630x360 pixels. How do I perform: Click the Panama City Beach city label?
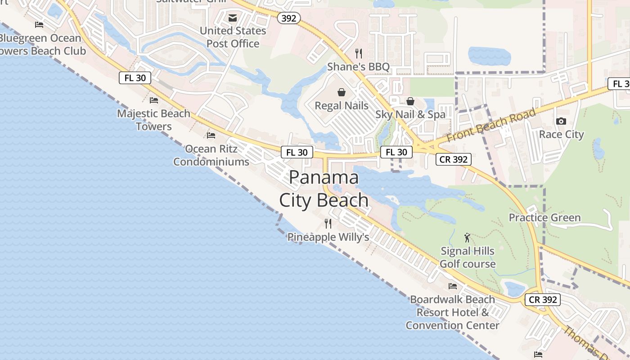pyautogui.click(x=324, y=189)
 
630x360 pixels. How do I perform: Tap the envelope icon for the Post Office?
pyautogui.click(x=233, y=18)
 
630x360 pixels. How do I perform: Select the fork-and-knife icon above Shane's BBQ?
pyautogui.click(x=359, y=54)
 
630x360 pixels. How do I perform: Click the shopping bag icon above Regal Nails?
pyautogui.click(x=342, y=92)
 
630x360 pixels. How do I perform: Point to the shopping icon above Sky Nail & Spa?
pyautogui.click(x=410, y=101)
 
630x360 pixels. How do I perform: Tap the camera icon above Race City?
pyautogui.click(x=561, y=121)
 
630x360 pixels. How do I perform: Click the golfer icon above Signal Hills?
pyautogui.click(x=468, y=237)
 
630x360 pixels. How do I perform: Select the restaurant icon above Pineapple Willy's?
pyautogui.click(x=328, y=223)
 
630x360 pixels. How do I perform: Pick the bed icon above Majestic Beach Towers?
pyautogui.click(x=154, y=100)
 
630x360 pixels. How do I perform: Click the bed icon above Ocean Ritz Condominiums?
pyautogui.click(x=211, y=135)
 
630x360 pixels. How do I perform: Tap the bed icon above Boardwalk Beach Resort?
pyautogui.click(x=453, y=286)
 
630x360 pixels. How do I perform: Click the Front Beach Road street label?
pyautogui.click(x=491, y=125)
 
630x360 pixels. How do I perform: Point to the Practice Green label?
pyautogui.click(x=544, y=218)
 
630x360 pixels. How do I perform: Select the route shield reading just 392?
pyautogui.click(x=288, y=18)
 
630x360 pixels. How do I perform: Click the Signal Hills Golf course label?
pyautogui.click(x=468, y=257)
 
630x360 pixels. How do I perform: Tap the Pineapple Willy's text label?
pyautogui.click(x=328, y=237)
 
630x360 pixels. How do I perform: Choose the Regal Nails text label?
pyautogui.click(x=342, y=106)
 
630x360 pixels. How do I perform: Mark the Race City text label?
pyautogui.click(x=561, y=135)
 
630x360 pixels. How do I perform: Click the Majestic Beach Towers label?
pyautogui.click(x=154, y=120)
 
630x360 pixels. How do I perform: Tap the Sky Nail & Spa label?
pyautogui.click(x=410, y=115)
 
